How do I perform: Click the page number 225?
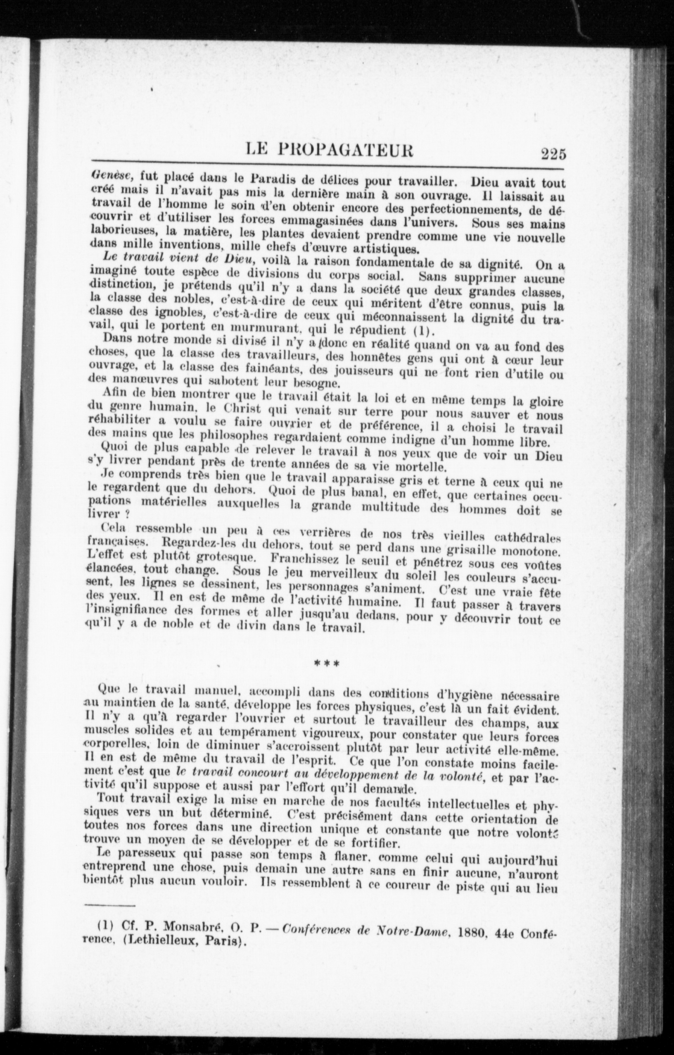coord(553,154)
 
